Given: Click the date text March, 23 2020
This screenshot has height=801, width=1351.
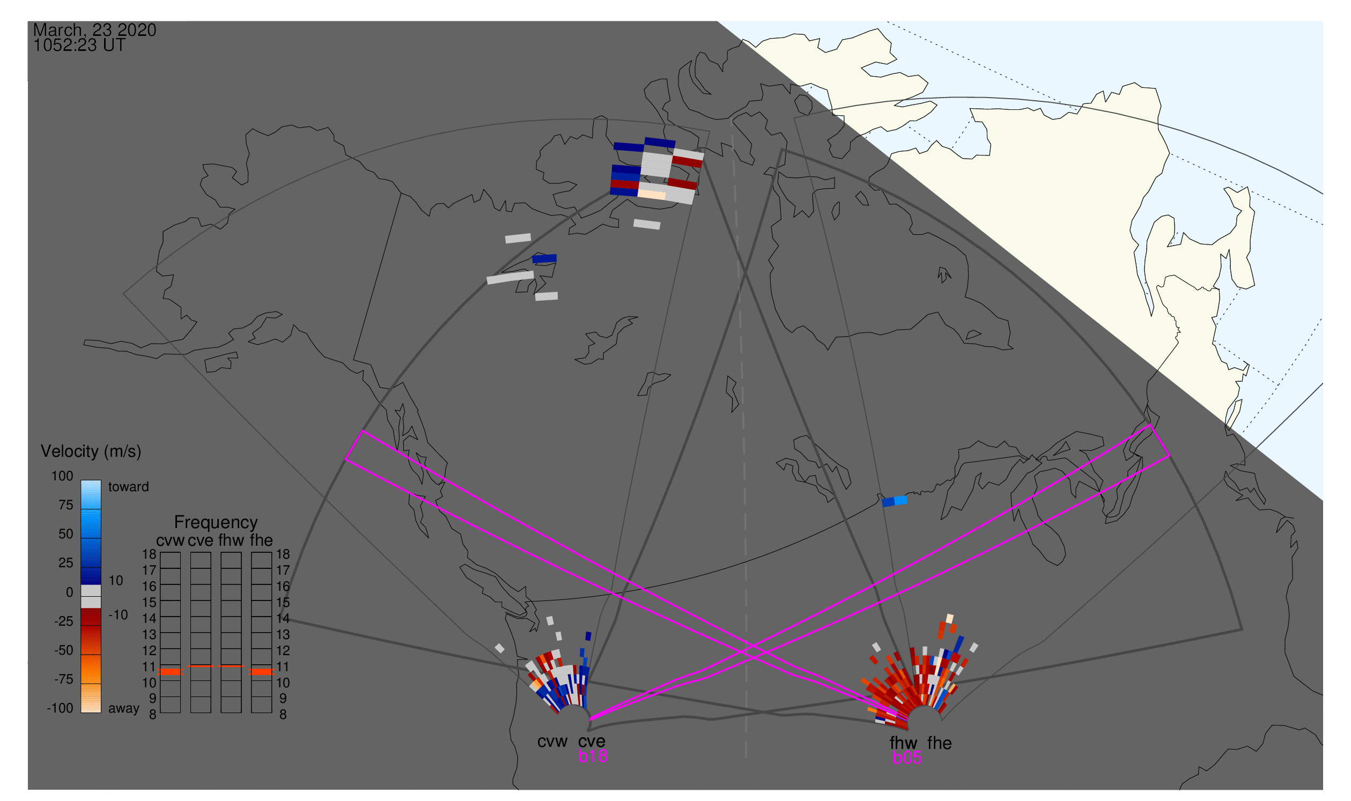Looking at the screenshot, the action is (x=94, y=31).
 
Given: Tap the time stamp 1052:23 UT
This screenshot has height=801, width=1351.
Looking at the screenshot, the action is (x=79, y=46).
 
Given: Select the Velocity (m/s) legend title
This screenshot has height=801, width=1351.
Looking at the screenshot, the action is (x=91, y=452).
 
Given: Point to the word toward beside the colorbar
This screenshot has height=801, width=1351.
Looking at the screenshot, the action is (x=129, y=487).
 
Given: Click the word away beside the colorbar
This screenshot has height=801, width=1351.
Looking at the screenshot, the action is (x=124, y=709).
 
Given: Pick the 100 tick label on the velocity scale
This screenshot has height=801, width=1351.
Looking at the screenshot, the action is (x=62, y=477).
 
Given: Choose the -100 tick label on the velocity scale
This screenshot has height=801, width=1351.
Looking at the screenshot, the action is (x=60, y=709).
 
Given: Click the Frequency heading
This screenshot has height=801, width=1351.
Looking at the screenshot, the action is (x=216, y=523).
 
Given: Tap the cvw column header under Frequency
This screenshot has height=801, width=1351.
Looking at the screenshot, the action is (x=170, y=541).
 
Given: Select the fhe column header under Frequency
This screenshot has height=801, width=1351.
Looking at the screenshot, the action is (x=261, y=541).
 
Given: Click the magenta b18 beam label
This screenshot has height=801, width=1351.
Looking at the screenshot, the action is (x=593, y=756).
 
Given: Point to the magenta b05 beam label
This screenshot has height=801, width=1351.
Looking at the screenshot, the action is (x=907, y=758).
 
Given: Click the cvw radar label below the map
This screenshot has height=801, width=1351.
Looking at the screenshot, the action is (x=552, y=742).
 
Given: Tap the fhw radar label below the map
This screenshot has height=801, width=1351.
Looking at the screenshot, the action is (x=904, y=744).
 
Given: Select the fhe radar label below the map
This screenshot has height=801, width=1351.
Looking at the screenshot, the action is (x=940, y=744).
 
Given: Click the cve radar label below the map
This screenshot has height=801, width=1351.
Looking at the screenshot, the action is (x=592, y=742).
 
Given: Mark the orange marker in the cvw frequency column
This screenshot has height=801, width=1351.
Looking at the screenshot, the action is (x=171, y=672).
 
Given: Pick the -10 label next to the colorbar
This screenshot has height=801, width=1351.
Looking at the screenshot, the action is (x=117, y=615).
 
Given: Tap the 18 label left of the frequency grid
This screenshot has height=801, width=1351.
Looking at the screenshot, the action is (x=149, y=554).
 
